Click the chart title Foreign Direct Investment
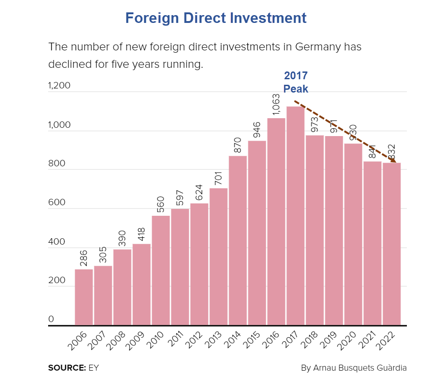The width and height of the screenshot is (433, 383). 216,18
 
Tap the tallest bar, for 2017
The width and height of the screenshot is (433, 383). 295,215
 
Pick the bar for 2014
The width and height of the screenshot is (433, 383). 238,241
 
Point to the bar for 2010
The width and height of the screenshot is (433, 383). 161,270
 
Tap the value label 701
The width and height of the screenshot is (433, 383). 218,176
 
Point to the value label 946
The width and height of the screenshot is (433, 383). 257,130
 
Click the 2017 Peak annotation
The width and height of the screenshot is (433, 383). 296,82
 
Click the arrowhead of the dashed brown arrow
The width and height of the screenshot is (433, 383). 393,159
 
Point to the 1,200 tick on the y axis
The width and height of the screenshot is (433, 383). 59,86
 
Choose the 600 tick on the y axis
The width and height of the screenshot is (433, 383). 57,202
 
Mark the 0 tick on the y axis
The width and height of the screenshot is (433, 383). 51,319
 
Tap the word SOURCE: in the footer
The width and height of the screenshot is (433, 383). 67,367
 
